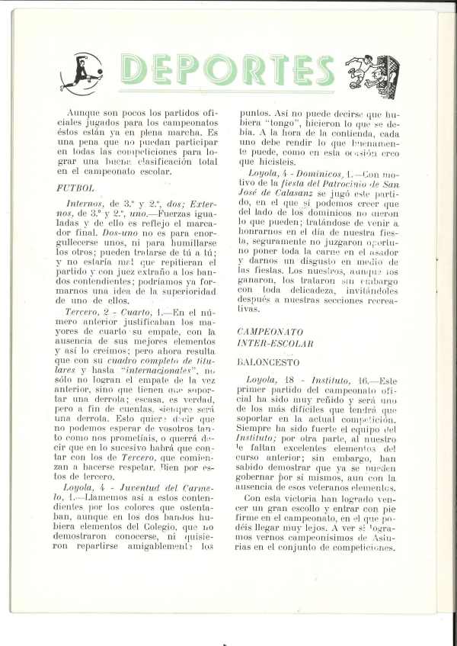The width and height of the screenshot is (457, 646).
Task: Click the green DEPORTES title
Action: pyautogui.click(x=227, y=71)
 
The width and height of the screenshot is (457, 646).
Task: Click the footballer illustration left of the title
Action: pyautogui.click(x=81, y=72)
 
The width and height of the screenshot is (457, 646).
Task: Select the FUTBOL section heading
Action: pyautogui.click(x=75, y=187)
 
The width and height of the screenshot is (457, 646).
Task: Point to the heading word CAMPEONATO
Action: pyautogui.click(x=270, y=333)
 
